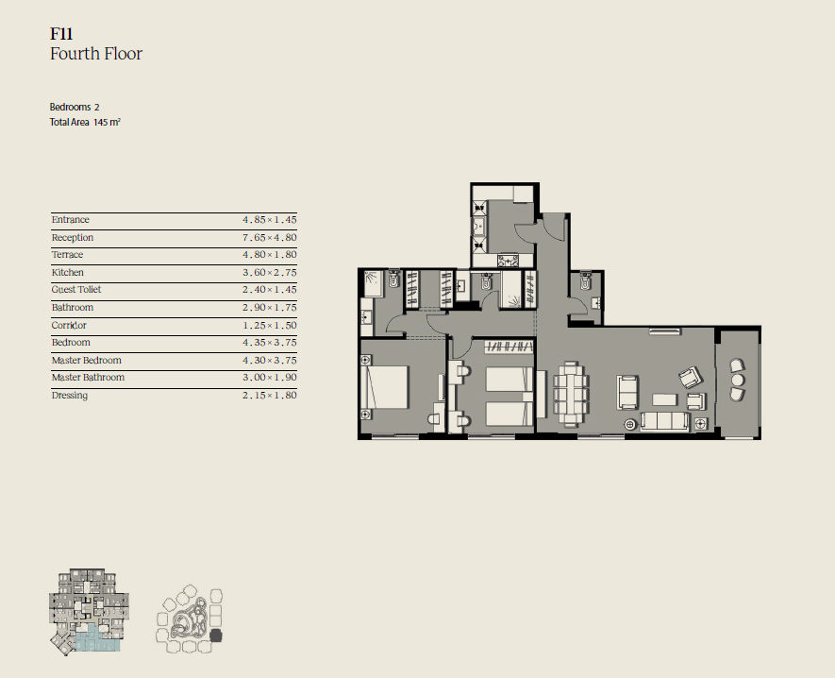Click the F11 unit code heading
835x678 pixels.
(61, 34)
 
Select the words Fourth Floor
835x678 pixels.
(96, 54)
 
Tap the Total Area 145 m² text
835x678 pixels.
(85, 122)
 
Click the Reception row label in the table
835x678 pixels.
(73, 237)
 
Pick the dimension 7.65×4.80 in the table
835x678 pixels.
(270, 237)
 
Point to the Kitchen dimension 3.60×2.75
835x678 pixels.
(270, 272)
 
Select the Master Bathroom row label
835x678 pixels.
(88, 378)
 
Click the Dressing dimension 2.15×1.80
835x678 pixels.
(270, 395)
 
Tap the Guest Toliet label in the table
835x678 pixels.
(76, 290)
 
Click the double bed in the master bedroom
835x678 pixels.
(385, 387)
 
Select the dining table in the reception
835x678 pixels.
(572, 393)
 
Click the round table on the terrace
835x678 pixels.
(738, 380)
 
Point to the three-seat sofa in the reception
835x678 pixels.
(664, 421)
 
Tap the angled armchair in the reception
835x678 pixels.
(691, 378)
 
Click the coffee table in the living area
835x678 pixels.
(665, 399)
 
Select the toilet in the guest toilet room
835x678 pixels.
(585, 280)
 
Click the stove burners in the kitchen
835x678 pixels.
(508, 261)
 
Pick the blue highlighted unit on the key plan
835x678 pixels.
(97, 638)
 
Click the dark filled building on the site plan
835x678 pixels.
(216, 636)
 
